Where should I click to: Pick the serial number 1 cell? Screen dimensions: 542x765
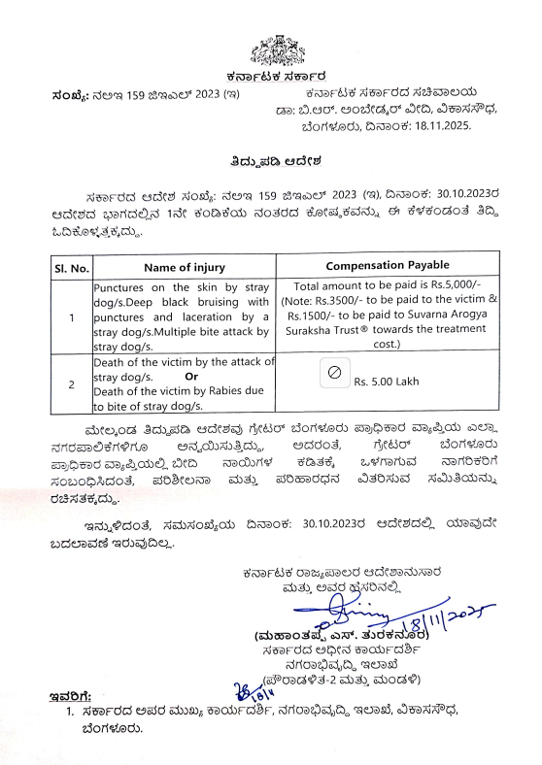pos(70,316)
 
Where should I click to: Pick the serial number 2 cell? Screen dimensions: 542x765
pos(70,383)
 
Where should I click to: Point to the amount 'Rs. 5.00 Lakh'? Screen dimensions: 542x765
pos(387,382)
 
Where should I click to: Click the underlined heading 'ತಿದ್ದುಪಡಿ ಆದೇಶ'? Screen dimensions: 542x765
pos(270,159)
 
